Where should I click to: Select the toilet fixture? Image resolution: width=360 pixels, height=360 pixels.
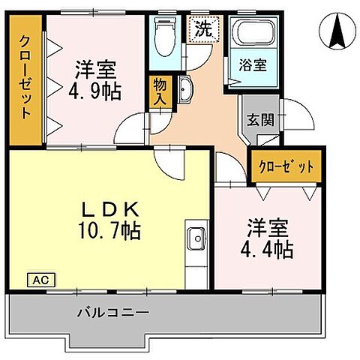click(x=162, y=34)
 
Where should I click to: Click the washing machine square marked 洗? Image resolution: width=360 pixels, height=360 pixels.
click(x=203, y=30)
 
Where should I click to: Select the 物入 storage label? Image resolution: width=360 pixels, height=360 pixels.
click(x=160, y=90)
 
